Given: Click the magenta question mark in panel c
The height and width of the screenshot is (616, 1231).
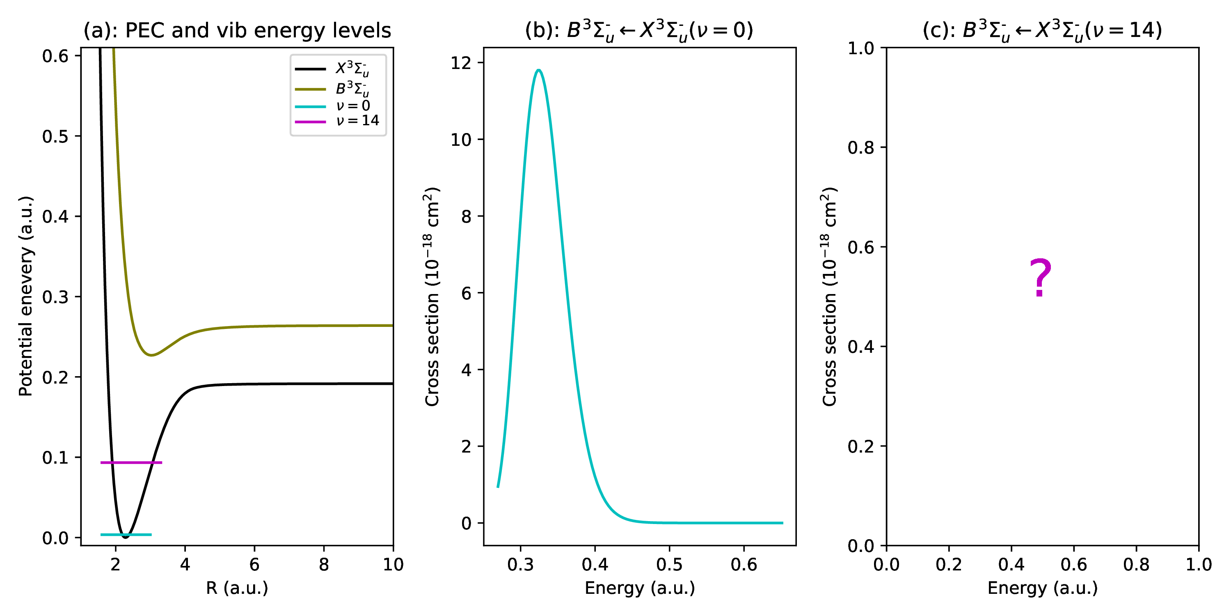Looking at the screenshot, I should (x=1040, y=277).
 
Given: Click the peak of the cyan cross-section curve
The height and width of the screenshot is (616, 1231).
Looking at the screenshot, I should (x=538, y=70).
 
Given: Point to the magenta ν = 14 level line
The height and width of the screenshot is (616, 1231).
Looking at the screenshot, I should (x=131, y=462).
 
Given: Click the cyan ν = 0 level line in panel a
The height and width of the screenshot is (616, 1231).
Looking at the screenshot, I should (x=126, y=534).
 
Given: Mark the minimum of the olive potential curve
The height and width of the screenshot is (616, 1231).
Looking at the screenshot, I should (x=151, y=355).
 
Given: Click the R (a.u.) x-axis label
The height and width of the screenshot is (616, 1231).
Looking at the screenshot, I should (x=237, y=588).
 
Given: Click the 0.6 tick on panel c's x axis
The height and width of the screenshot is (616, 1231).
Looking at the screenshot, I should (x=1073, y=565).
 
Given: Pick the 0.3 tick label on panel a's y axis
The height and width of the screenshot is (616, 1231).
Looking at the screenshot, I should (x=55, y=297).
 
